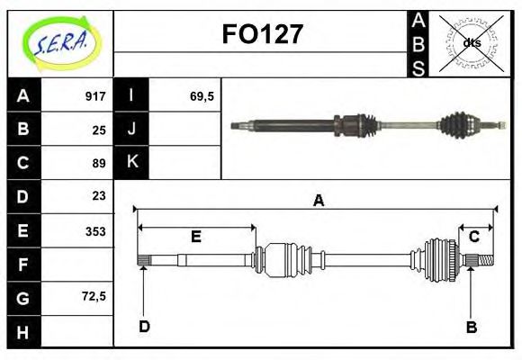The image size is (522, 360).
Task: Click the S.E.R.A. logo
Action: [x=60, y=42]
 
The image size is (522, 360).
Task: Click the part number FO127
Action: [x=262, y=35]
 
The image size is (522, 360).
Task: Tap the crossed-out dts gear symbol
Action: [x=472, y=42]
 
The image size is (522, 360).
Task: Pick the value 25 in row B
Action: [x=99, y=130]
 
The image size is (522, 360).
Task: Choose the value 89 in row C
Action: [x=99, y=163]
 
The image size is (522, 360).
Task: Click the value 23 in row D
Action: [x=99, y=195]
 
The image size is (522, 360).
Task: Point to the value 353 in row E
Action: [x=95, y=231]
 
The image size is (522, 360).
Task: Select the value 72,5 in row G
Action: [x=93, y=295]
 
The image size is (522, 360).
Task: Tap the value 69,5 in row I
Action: [x=201, y=96]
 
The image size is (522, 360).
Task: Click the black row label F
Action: [x=23, y=265]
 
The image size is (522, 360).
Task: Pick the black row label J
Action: [x=132, y=130]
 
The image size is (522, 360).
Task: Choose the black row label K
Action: [x=132, y=163]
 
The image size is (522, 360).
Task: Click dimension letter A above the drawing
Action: [x=318, y=201]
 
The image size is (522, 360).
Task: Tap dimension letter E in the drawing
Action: [x=196, y=237]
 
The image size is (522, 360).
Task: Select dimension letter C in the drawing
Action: [x=473, y=237]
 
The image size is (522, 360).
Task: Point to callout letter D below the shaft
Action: [x=144, y=326]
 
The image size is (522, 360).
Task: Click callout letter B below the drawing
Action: [x=471, y=328]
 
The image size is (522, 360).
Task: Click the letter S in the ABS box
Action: [x=418, y=68]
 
